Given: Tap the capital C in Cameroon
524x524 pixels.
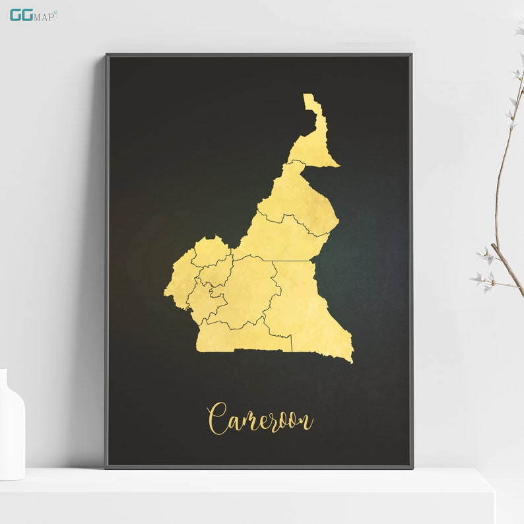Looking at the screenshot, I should [x=218, y=418].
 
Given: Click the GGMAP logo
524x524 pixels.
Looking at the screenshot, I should [x=33, y=15].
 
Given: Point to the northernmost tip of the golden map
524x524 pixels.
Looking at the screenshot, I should [x=308, y=95].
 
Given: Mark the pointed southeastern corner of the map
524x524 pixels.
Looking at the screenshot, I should [x=352, y=361].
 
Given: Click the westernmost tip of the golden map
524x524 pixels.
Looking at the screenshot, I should [x=165, y=289].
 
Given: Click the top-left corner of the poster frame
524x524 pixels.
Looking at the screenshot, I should [x=107, y=55].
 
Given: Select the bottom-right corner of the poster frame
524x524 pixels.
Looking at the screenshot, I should [x=412, y=467].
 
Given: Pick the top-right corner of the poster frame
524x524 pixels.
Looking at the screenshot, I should [x=411, y=55].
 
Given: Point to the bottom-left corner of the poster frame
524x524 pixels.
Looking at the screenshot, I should [x=107, y=467].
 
